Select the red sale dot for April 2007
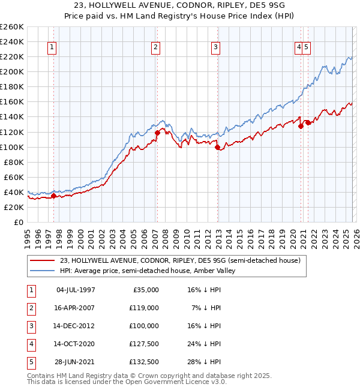click(x=157, y=133)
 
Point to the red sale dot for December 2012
click(x=217, y=147)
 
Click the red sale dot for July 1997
click(x=53, y=196)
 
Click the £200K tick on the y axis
click(x=12, y=71)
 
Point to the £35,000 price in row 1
click(x=145, y=289)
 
